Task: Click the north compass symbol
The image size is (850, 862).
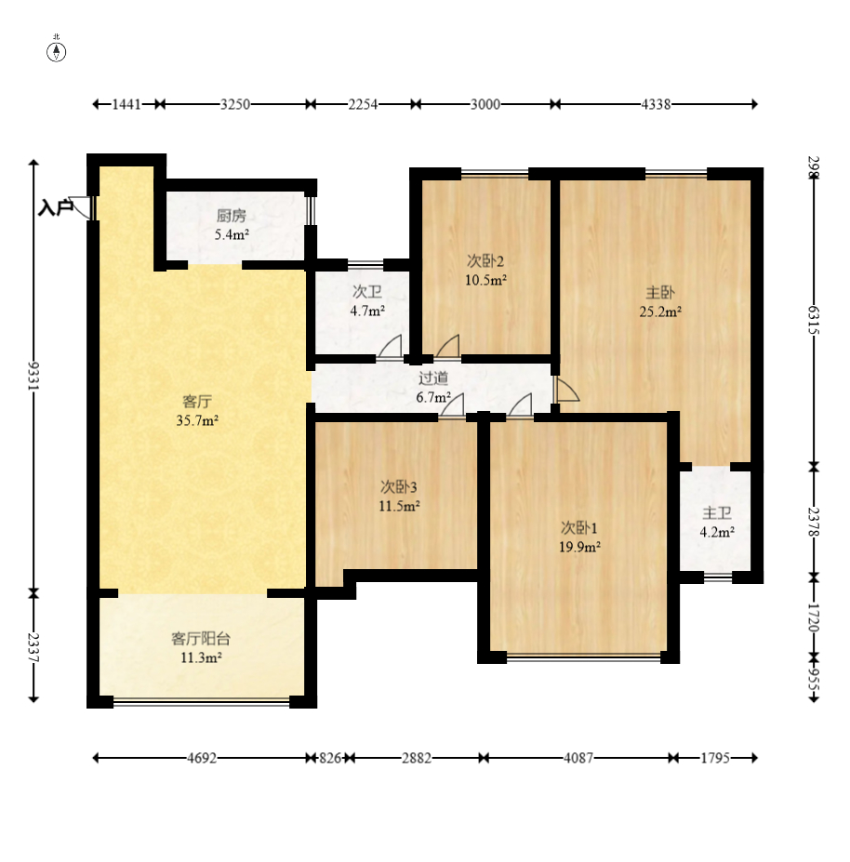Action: [56, 50]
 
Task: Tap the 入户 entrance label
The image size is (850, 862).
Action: [56, 207]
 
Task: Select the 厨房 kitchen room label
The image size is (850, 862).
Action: [232, 216]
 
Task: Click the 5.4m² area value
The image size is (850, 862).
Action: [232, 234]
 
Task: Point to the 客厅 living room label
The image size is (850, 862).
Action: [197, 402]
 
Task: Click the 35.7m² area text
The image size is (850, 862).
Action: [197, 420]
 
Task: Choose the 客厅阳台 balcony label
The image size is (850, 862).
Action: [201, 638]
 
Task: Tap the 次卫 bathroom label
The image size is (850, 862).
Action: [367, 291]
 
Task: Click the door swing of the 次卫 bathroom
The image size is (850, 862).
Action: [390, 347]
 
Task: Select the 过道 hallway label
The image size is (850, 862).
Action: [433, 378]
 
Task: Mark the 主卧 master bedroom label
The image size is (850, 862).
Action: [660, 293]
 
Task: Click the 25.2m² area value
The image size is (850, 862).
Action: [660, 312]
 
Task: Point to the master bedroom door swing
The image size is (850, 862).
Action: [567, 388]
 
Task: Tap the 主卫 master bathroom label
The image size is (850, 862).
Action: [717, 513]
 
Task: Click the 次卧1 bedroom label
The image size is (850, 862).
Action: [579, 528]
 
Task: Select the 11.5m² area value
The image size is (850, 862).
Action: [399, 506]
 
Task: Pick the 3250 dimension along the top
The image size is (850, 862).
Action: [235, 104]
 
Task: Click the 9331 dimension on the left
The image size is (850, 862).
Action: [33, 376]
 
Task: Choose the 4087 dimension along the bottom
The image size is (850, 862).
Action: [578, 758]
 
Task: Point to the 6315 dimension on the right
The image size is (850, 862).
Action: [814, 320]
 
